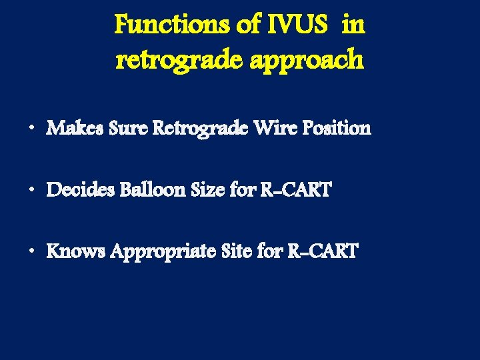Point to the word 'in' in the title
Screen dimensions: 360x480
tap(354, 25)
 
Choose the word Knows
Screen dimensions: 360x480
tap(74, 251)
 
